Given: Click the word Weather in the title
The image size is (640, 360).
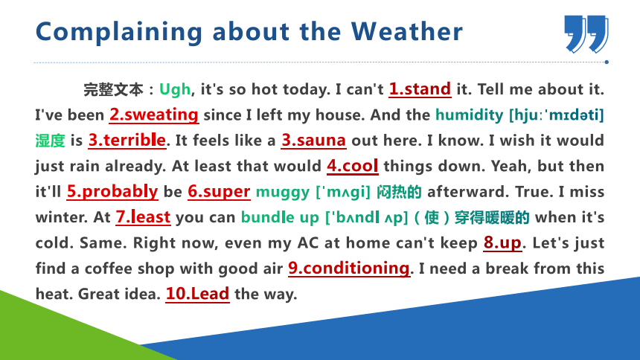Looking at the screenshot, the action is [407, 31].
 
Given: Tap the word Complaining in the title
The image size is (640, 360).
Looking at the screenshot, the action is [119, 33].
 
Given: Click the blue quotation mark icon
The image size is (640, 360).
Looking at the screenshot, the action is [586, 34].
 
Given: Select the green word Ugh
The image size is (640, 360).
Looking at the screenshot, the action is [175, 89].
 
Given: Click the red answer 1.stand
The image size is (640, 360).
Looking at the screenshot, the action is [420, 89].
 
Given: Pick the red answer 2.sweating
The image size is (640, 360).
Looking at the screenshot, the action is [154, 115].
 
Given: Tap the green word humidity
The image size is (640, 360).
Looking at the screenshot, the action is [470, 115].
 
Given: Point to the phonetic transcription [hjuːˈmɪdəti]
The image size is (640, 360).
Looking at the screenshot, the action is [557, 115].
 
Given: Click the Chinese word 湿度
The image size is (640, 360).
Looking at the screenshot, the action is [50, 141].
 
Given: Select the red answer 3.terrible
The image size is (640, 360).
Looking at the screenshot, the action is [127, 141].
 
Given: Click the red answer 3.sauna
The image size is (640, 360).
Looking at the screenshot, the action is [313, 141].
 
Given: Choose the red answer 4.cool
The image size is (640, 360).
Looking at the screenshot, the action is [353, 166].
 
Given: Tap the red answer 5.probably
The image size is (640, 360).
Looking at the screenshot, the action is [112, 191].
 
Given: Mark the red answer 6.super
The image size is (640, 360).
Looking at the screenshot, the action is [219, 192].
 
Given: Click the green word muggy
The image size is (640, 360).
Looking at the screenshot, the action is [283, 192].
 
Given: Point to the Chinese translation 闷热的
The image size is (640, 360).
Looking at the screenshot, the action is [399, 192].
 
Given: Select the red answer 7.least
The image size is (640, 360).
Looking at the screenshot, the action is [143, 217].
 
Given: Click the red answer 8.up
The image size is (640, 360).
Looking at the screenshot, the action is [502, 243].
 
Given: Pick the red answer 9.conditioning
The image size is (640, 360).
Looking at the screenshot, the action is [349, 269].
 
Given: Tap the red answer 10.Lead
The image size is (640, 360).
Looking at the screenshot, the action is [197, 294].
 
